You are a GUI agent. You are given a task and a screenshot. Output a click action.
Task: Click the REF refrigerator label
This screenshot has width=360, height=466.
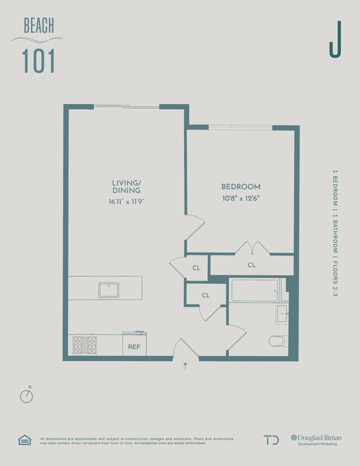[x=134, y=347]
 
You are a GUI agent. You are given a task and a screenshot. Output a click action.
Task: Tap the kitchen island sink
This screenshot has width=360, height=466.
[x=109, y=290]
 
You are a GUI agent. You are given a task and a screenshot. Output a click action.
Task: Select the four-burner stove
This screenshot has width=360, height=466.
[x=85, y=345]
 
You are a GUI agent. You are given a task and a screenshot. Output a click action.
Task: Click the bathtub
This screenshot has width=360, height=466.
[x=254, y=290]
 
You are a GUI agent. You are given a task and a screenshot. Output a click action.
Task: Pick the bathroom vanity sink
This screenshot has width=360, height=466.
[x=282, y=314]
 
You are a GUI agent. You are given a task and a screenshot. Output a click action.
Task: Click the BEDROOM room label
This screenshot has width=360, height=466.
[x=241, y=187]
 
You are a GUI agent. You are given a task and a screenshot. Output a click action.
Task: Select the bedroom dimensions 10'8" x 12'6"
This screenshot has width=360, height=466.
[x=241, y=198]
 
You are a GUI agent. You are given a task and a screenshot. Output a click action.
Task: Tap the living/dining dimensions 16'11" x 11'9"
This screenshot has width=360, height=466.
[x=126, y=202]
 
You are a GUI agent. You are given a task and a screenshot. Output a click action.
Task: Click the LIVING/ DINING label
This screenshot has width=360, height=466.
[x=126, y=187]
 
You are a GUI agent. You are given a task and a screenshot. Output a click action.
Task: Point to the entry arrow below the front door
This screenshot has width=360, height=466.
[x=185, y=366]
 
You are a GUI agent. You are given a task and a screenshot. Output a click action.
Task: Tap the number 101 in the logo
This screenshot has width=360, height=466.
[x=38, y=61]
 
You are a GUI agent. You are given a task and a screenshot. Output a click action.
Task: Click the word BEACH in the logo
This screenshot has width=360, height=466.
[x=39, y=26]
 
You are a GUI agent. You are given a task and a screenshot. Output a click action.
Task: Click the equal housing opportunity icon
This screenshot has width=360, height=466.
[x=25, y=440]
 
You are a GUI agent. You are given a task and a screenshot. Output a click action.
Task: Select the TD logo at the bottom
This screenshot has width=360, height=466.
[x=271, y=440]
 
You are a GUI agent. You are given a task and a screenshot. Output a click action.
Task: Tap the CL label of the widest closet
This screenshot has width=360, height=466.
[x=252, y=265]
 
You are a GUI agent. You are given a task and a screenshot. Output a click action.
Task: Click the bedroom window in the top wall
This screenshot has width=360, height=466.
[x=240, y=128]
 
